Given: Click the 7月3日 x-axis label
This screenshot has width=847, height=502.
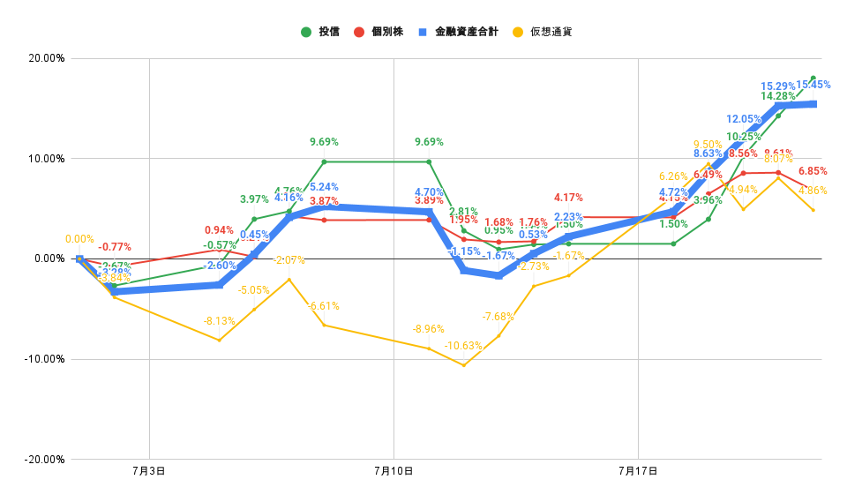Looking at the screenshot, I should point(149,472).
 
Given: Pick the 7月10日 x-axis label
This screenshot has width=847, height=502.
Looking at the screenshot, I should point(394,472).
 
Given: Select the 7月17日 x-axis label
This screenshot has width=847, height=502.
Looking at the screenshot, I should point(638,472).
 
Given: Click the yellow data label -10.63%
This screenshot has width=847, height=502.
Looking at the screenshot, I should point(463,346).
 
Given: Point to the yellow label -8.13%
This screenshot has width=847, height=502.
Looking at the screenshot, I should point(219,321).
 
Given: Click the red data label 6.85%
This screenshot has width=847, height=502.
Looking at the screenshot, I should point(813,171).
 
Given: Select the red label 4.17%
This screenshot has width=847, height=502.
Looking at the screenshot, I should point(568,198).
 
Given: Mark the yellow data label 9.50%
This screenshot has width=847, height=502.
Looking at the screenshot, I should point(708,145).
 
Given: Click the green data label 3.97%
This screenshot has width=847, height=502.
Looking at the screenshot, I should point(254,199).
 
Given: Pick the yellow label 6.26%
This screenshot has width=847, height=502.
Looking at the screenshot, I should point(672,176).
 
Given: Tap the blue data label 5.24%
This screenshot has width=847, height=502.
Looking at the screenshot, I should point(324,187).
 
